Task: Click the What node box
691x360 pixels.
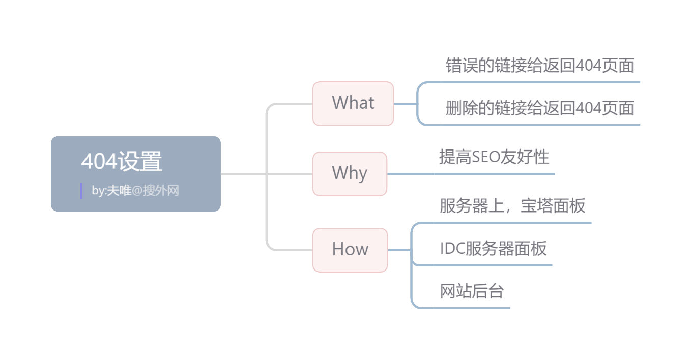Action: tap(353, 103)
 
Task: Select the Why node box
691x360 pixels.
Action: tap(350, 173)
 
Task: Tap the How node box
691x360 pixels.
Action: tap(350, 250)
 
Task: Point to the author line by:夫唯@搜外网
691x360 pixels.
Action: tap(135, 191)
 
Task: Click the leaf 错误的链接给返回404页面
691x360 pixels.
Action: tap(539, 66)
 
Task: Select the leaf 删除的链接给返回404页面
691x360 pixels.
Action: tap(539, 108)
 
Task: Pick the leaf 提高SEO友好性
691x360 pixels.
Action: tap(494, 157)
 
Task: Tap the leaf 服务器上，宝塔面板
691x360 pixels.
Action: tap(512, 205)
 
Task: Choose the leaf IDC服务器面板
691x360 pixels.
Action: tap(493, 248)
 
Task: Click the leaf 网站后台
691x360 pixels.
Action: tap(472, 291)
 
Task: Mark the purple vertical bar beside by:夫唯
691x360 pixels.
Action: tap(81, 191)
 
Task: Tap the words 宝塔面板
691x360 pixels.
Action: tap(553, 205)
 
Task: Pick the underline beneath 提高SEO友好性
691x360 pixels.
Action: tap(494, 174)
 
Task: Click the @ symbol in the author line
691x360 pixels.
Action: tap(137, 191)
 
